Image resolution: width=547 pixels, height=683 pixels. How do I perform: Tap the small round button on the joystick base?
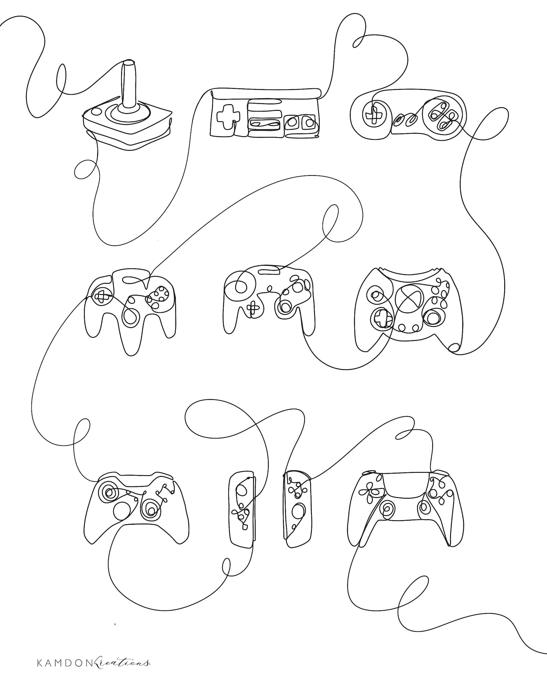tap(96, 111)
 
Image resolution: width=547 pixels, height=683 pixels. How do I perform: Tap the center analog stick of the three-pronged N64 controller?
tap(131, 317)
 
